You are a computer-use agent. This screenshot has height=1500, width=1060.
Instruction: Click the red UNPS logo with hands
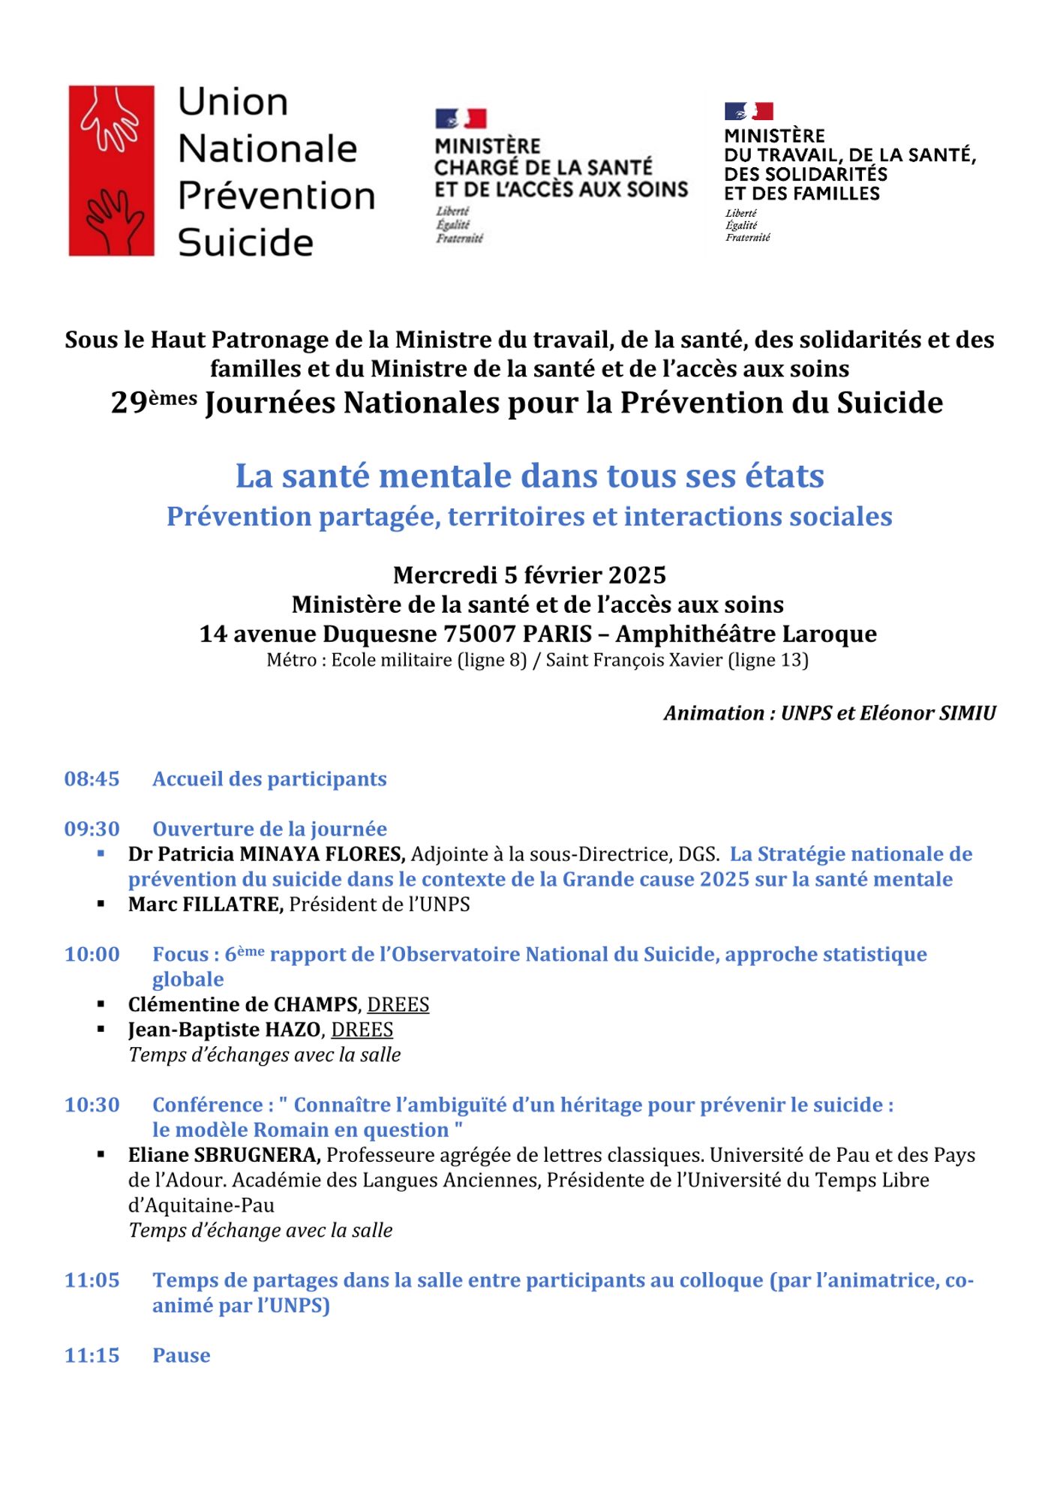[111, 170]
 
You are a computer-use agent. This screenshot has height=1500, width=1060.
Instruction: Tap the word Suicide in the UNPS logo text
[245, 242]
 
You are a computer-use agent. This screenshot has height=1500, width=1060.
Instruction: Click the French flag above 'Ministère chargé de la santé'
[461, 118]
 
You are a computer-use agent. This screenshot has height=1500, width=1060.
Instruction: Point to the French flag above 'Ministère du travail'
[749, 112]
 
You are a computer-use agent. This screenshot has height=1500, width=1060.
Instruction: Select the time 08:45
[92, 778]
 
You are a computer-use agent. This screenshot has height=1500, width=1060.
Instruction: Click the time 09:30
[92, 829]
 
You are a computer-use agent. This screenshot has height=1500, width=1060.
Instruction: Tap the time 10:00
[92, 954]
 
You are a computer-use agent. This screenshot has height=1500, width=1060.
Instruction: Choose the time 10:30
[92, 1105]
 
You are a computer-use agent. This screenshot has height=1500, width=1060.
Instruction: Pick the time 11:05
[92, 1280]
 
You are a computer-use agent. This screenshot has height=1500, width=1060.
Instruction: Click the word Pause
[181, 1355]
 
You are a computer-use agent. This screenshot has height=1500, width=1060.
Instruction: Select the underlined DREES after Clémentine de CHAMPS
[398, 1004]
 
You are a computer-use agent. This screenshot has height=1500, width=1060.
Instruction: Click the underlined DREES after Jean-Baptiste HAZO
[362, 1030]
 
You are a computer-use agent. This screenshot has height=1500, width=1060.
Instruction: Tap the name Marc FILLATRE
[206, 904]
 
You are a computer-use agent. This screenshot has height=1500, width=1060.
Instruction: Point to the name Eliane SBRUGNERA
[224, 1155]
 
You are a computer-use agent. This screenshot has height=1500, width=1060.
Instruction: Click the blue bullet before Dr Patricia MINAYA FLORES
[101, 853]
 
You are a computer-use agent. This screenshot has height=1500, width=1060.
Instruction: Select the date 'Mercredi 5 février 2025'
[530, 575]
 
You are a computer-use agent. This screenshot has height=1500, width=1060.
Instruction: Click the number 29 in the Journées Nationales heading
[128, 403]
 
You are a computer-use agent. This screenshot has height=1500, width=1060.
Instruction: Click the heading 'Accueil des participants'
[269, 778]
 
